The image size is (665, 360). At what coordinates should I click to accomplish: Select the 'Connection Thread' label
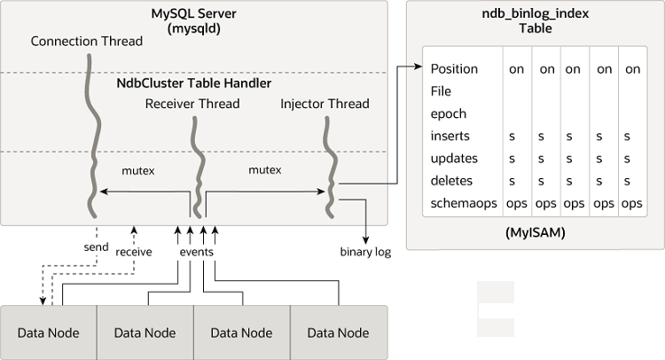coord(86,42)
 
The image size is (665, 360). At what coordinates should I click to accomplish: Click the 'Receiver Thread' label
coord(192,104)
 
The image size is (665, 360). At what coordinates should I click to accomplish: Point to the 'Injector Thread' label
coord(325,104)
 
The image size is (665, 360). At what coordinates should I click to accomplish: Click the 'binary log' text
coord(364,252)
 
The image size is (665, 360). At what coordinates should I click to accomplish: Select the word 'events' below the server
coord(196,252)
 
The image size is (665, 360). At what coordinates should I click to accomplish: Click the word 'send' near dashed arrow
coord(96,247)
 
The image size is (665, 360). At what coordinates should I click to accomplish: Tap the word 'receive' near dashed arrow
coord(134,252)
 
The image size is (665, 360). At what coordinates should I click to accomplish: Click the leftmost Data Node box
coord(49,333)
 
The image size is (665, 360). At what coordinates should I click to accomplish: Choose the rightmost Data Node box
coord(338,333)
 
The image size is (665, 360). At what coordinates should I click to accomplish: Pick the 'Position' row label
coord(454,69)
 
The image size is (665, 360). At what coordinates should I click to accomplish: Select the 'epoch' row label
coord(449,113)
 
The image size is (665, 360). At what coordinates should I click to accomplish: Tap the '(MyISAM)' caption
coord(535,233)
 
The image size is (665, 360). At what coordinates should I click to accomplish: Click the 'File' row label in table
coord(441,91)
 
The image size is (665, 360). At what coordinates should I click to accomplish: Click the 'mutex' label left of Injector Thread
coord(264,169)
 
